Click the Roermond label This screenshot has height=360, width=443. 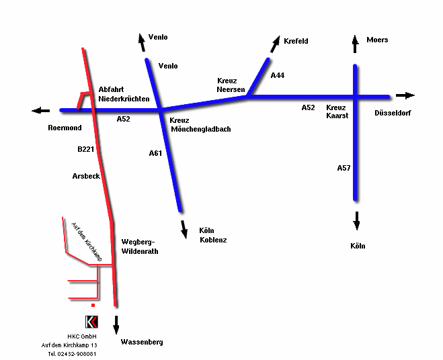65,128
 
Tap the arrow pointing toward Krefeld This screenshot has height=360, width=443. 276,44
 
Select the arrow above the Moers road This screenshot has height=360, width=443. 356,44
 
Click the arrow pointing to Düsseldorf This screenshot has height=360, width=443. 405,96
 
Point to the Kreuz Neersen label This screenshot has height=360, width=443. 231,85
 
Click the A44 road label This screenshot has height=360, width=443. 278,76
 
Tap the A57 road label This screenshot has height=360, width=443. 344,168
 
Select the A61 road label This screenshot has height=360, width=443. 155,153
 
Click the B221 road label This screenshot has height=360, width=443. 85,149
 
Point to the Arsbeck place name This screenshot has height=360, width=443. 86,176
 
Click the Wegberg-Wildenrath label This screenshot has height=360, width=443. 138,246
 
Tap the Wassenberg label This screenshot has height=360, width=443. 142,342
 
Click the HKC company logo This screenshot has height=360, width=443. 92,321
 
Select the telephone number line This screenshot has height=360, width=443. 72,354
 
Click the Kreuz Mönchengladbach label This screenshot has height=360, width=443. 200,124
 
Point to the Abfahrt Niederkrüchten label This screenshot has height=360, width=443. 124,94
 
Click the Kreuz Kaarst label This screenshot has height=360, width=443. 336,111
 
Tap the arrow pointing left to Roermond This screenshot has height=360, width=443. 40,110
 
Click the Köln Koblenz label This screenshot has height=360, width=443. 213,235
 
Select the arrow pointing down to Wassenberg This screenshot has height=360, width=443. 116,324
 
